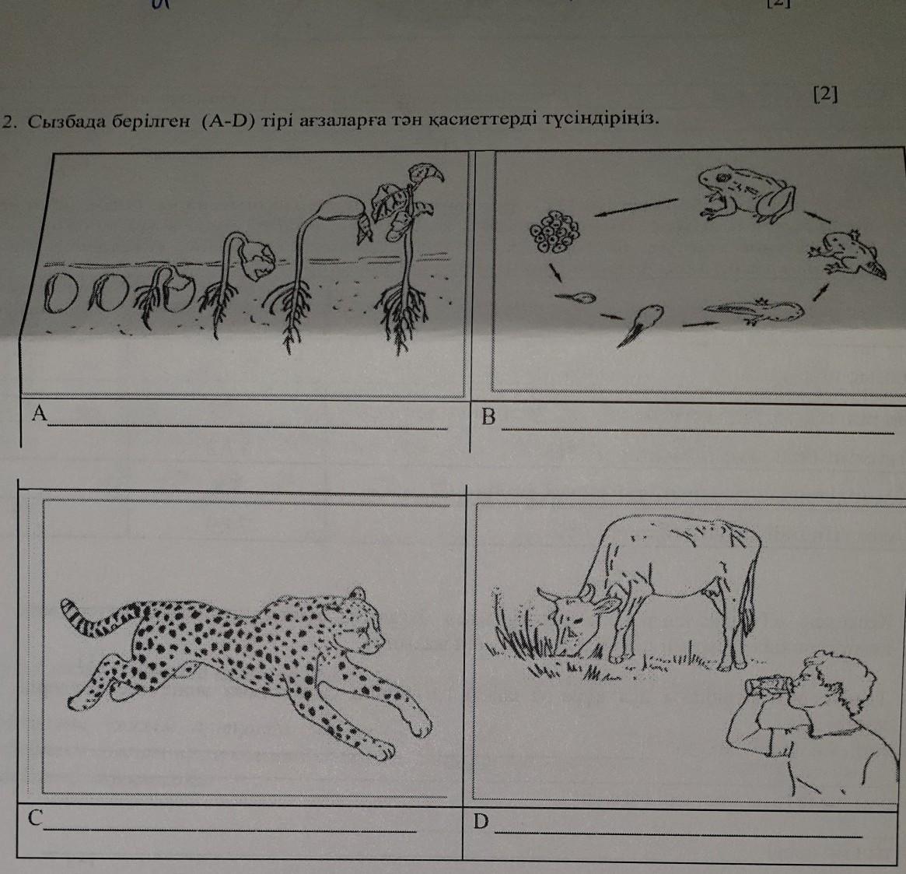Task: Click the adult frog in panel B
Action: click(x=746, y=193)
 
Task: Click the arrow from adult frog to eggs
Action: click(x=636, y=208)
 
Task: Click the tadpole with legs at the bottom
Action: click(x=754, y=311)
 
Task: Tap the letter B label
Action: click(x=489, y=416)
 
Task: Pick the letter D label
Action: click(x=481, y=821)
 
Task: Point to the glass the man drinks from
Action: click(x=768, y=686)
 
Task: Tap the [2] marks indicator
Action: click(x=825, y=94)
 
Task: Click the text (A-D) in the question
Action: click(x=228, y=121)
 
